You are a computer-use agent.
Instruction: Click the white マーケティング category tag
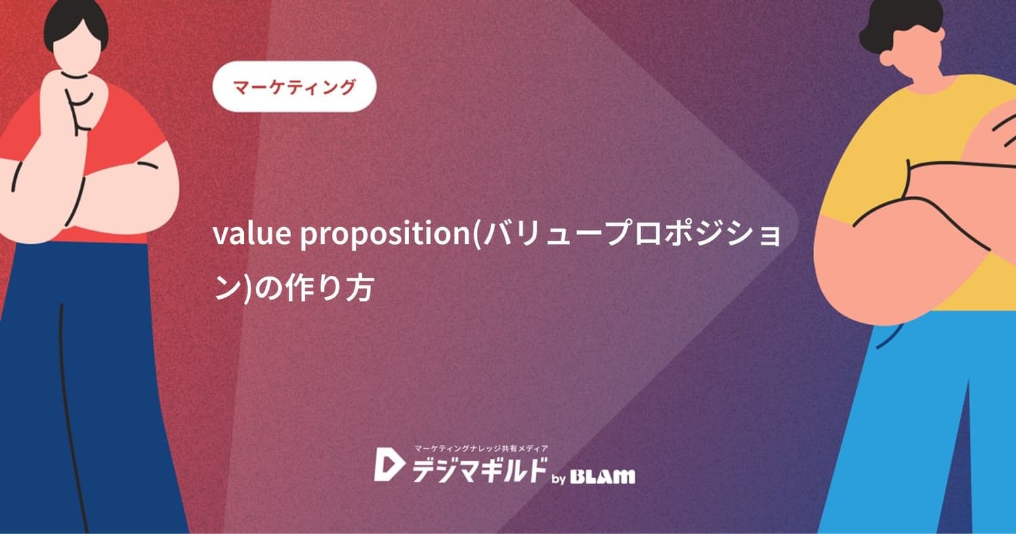294,87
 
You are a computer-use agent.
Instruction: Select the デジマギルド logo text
478,467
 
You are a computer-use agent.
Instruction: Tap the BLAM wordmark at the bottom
603,476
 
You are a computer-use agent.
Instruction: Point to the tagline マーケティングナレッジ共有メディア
480,448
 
